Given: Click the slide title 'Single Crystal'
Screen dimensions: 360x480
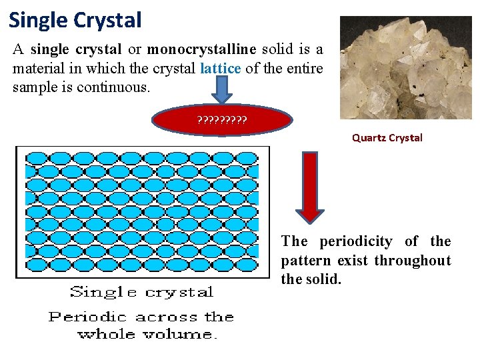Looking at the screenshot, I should (75, 20).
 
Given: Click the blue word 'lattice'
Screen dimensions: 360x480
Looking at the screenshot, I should (220, 68).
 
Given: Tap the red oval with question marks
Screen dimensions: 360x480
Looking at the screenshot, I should (222, 121).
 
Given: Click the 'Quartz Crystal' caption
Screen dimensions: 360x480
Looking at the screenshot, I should (387, 138).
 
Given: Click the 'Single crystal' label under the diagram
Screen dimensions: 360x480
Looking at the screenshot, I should (141, 292).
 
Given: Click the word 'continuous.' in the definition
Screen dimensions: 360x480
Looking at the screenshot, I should (115, 87).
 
